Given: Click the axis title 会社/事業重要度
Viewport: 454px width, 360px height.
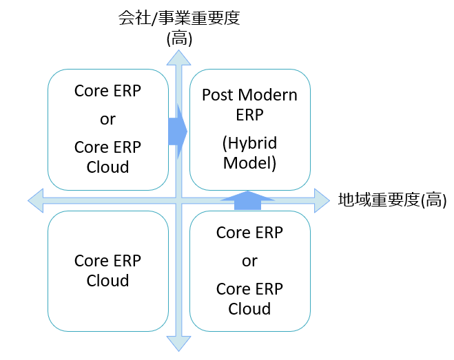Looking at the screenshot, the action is click(x=179, y=18).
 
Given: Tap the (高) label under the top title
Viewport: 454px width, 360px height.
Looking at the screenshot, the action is click(x=179, y=39).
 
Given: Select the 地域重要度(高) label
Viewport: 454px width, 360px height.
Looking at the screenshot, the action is click(x=392, y=200).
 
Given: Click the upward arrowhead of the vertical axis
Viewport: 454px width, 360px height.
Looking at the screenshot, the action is click(x=178, y=58).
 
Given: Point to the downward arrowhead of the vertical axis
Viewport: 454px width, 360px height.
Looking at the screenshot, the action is click(x=178, y=343).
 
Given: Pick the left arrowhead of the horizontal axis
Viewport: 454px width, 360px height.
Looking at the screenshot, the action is click(x=36, y=200).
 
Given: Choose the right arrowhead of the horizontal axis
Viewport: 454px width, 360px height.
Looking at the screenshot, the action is click(x=322, y=200).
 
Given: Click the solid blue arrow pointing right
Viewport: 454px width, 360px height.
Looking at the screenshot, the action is click(x=178, y=131).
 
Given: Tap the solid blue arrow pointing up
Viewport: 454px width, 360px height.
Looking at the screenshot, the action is click(x=247, y=200).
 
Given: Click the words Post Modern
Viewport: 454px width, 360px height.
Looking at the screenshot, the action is click(x=249, y=95).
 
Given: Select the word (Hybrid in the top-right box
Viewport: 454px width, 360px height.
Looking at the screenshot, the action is click(x=249, y=143).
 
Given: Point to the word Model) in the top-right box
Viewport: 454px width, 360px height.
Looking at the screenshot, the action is click(x=249, y=163).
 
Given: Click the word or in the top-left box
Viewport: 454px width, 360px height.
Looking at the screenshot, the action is click(x=107, y=119).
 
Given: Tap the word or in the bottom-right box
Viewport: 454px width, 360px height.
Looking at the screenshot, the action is click(x=249, y=262).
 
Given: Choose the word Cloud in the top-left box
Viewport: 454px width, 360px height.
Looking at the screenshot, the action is click(x=107, y=167).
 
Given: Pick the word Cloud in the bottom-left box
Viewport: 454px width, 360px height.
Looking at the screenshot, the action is click(x=107, y=281).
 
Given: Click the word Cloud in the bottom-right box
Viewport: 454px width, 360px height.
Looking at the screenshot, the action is click(x=249, y=309).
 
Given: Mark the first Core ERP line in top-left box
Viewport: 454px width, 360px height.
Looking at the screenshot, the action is click(x=107, y=91).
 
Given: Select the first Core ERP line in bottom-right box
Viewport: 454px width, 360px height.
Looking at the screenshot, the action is click(x=249, y=233).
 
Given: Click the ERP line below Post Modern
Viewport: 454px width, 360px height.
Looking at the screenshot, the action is click(x=249, y=115).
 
